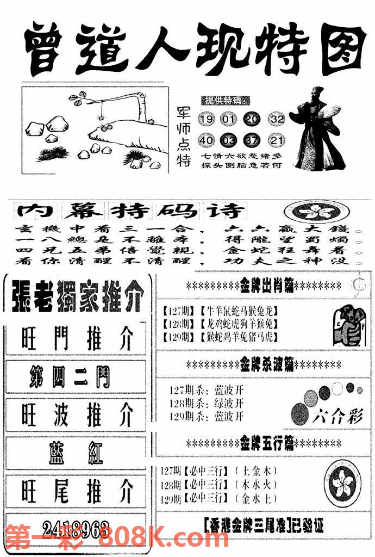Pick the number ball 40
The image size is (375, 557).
point(206,141)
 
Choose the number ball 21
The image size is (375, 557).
point(277,141)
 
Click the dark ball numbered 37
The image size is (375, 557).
point(253,141)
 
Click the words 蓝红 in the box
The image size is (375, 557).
point(77,453)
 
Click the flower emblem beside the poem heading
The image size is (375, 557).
point(310,212)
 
